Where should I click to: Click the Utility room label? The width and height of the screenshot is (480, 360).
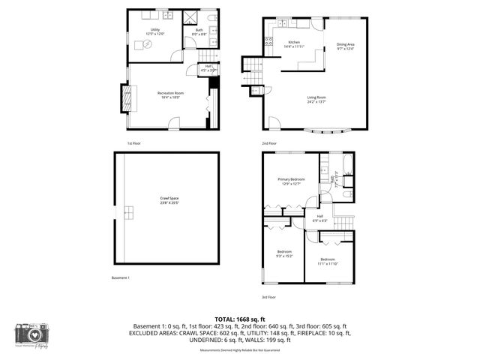[x=154, y=31]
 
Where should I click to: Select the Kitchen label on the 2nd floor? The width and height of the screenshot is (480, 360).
[x=294, y=44]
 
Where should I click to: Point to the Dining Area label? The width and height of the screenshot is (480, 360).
[x=344, y=46]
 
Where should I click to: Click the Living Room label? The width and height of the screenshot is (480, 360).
[x=316, y=99]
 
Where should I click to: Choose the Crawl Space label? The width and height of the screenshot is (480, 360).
[x=169, y=199]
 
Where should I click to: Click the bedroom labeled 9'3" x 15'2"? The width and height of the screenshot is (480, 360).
[x=284, y=253]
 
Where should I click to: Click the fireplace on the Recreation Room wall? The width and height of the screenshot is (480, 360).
[x=125, y=95]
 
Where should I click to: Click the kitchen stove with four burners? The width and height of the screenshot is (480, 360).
[x=268, y=41]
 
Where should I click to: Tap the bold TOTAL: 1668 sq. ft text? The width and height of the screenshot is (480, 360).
[x=241, y=319]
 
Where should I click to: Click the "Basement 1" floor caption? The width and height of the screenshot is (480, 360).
[x=121, y=278]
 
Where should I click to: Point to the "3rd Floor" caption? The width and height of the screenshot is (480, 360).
[x=270, y=296]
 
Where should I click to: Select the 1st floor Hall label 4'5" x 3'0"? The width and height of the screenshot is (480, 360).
[x=208, y=70]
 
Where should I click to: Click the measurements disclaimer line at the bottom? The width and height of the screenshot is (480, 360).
[x=241, y=350]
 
